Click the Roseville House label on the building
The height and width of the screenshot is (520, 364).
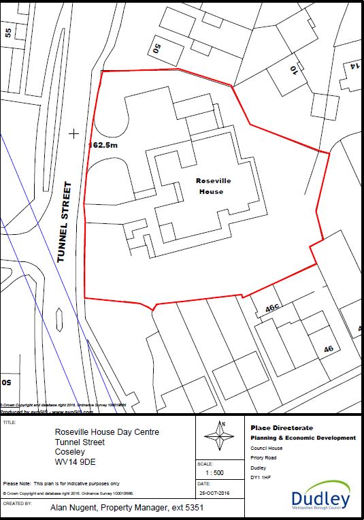[x=210, y=186]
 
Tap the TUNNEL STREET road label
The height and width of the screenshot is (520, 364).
[x=65, y=222]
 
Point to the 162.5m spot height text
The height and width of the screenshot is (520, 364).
[x=104, y=145]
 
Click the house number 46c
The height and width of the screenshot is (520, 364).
[x=273, y=308]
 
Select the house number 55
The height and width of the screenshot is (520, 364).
[x=8, y=32]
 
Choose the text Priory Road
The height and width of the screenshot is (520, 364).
[x=263, y=457]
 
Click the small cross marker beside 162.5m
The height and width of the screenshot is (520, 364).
[x=73, y=134]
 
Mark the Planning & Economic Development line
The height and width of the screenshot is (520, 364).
[x=303, y=438]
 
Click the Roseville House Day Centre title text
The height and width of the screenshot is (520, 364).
[x=107, y=432]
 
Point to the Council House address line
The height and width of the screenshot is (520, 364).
[x=266, y=448]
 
